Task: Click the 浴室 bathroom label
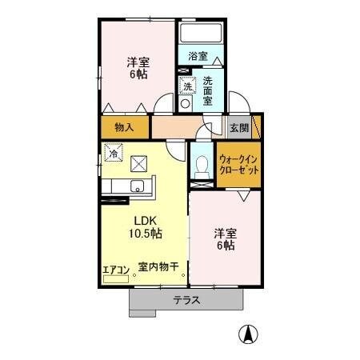point(198,56)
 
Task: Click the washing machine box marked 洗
point(186,86)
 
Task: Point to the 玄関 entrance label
point(238,126)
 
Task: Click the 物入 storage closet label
point(124,126)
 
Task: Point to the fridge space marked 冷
point(114,152)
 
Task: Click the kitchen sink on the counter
point(138,189)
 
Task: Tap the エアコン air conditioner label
point(114,270)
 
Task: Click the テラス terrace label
point(186,301)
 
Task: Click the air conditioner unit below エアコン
point(114,281)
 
